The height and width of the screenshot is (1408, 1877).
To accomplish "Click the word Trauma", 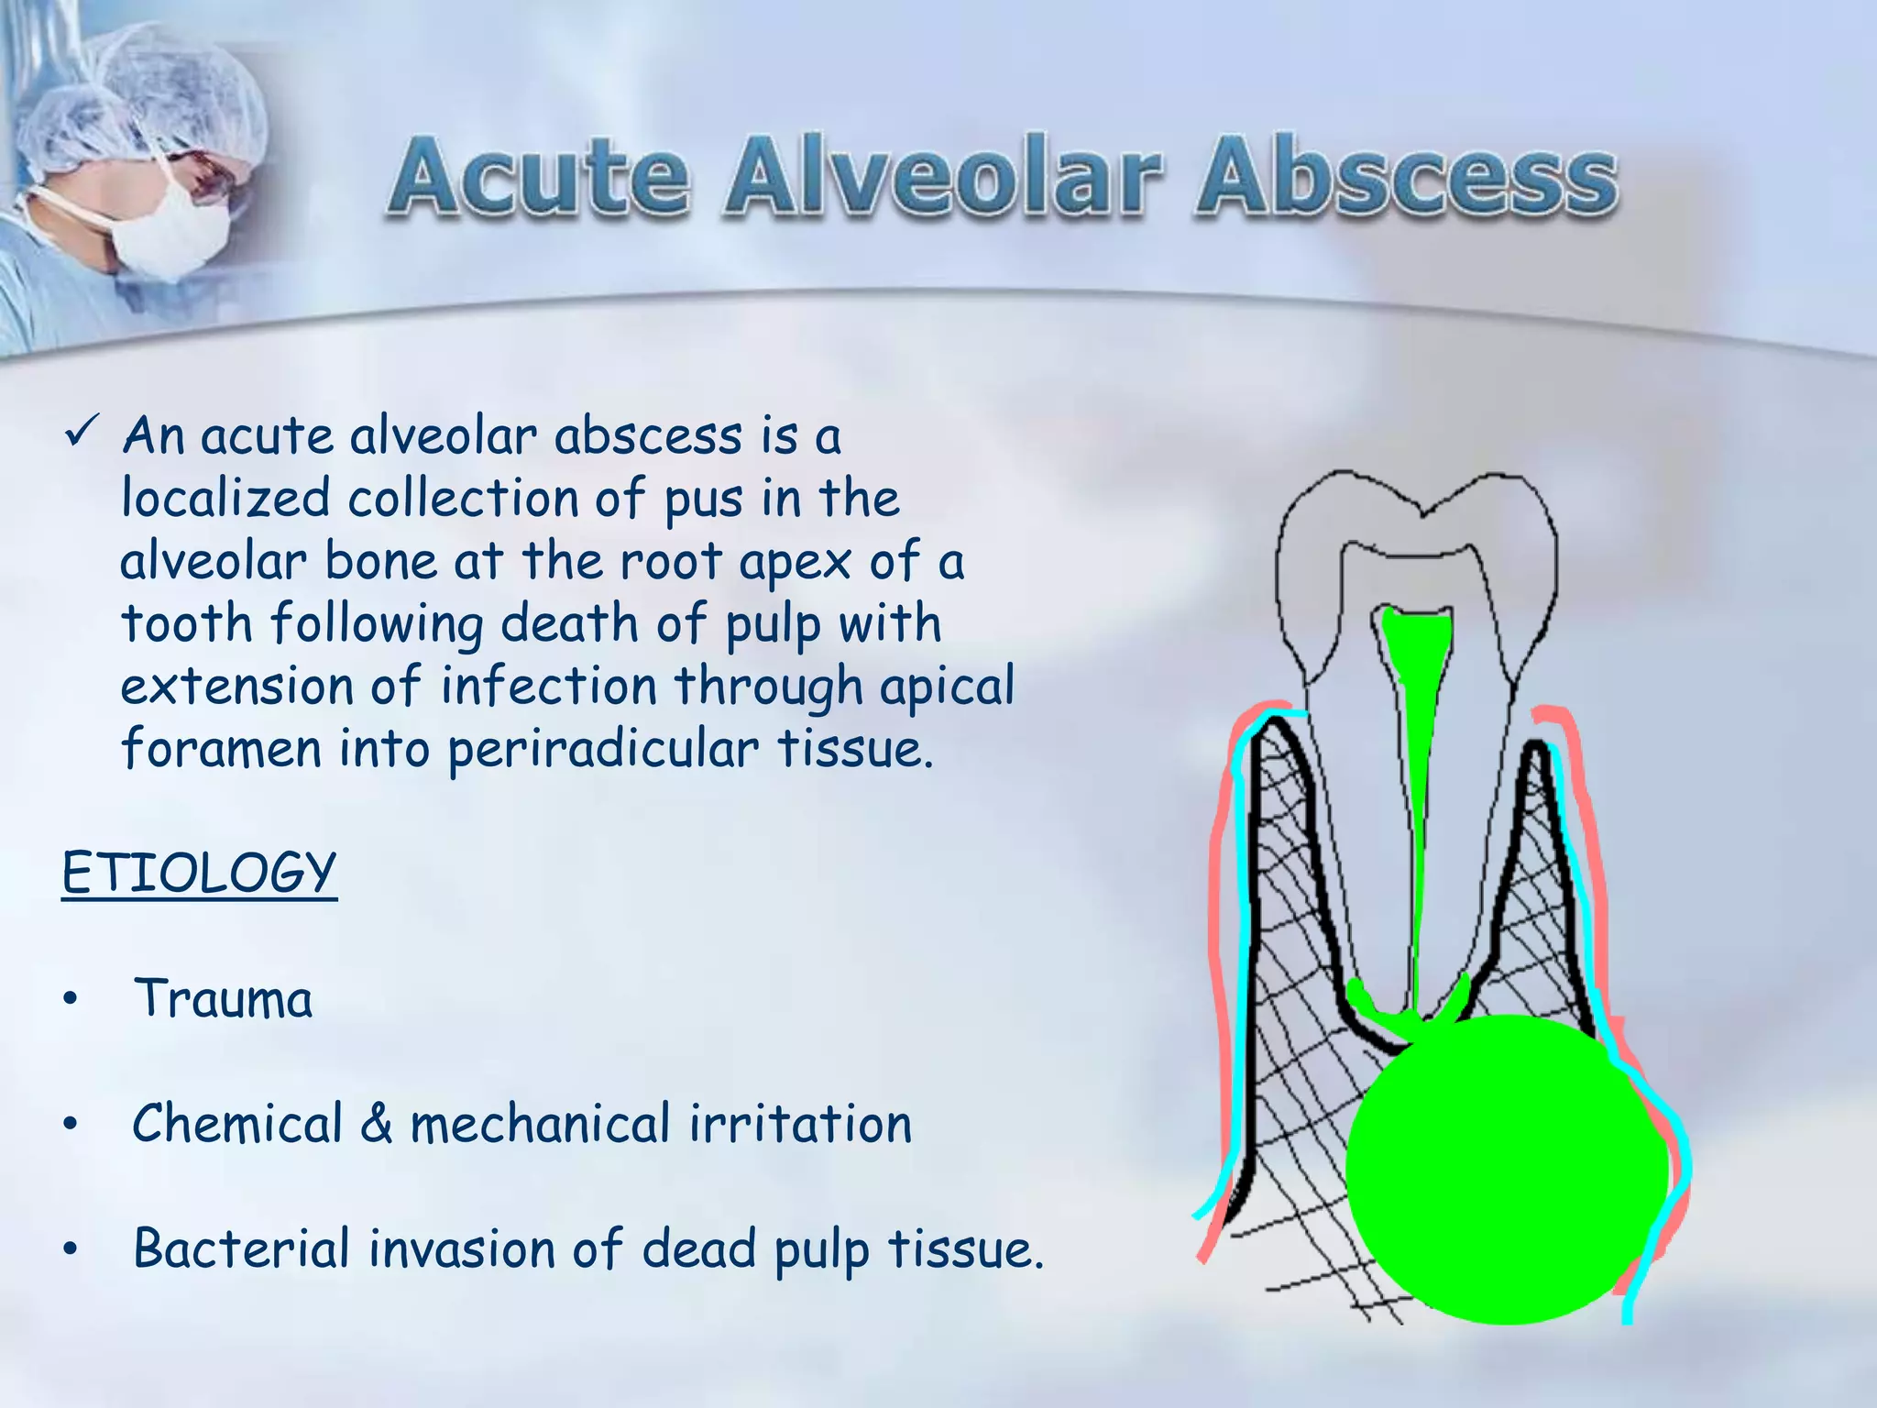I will (223, 998).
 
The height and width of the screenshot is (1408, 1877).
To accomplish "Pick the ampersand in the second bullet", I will (376, 1123).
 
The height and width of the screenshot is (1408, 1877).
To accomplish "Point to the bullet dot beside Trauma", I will (71, 1000).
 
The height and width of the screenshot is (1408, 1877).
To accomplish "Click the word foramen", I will (221, 749).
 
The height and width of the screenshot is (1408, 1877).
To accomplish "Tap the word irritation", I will (800, 1123).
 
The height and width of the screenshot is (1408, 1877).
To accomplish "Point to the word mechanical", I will (540, 1123).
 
